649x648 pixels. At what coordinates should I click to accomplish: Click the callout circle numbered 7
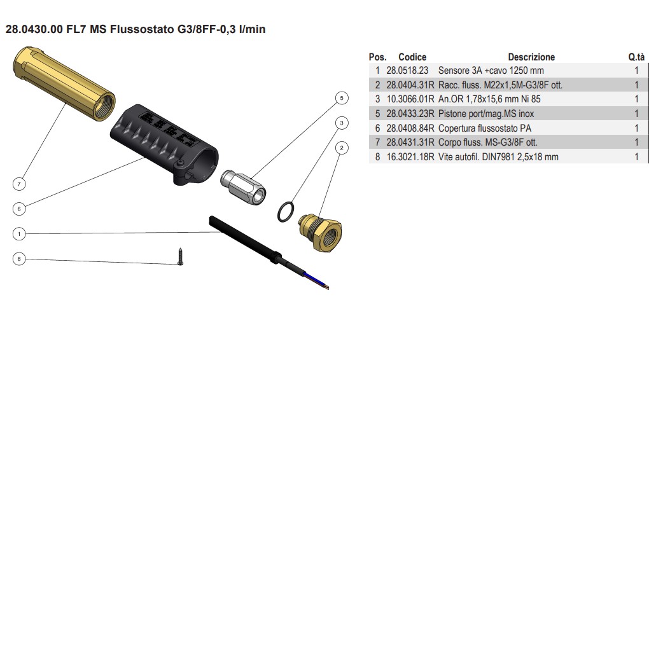click(x=19, y=184)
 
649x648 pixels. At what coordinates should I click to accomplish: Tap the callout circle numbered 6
click(x=19, y=209)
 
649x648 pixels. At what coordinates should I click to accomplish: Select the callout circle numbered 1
click(x=19, y=234)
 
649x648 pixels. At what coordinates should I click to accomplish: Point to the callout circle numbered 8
click(x=19, y=259)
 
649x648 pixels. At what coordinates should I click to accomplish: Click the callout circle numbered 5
click(x=342, y=98)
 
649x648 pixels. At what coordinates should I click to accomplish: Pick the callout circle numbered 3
click(x=342, y=123)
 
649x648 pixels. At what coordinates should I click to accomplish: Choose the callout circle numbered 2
click(x=342, y=148)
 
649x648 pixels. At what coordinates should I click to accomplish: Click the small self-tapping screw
click(x=180, y=256)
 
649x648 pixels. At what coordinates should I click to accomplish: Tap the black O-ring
click(x=286, y=212)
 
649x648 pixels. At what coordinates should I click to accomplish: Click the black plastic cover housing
click(x=162, y=142)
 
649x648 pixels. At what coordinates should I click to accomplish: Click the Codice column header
click(x=412, y=57)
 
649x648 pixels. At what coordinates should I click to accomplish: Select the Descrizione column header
click(x=531, y=57)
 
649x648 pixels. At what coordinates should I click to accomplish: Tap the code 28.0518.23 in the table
click(x=407, y=71)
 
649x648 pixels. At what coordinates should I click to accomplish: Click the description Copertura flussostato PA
click(x=484, y=128)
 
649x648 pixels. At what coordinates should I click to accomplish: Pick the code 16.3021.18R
click(x=410, y=156)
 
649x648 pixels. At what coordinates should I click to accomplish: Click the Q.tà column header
click(x=636, y=57)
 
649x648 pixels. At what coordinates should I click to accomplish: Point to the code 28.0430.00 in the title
click(x=34, y=29)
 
